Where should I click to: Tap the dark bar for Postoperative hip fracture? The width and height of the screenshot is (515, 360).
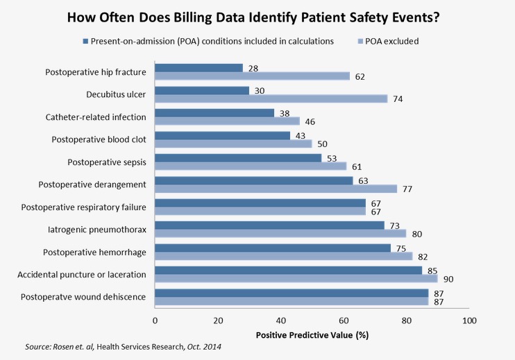click(199, 67)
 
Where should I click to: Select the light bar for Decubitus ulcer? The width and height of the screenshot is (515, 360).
click(271, 98)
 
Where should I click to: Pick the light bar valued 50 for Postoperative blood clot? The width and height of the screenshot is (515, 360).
click(233, 144)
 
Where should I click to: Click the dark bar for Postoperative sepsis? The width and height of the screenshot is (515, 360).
click(237, 157)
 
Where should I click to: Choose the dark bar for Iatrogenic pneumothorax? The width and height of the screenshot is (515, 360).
click(269, 225)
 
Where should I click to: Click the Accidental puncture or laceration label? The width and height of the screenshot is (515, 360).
click(82, 275)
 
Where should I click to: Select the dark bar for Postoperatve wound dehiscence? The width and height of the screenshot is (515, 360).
click(291, 293)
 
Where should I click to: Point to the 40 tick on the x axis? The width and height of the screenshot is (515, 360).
click(280, 320)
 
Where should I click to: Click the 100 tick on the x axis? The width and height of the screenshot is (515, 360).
click(469, 320)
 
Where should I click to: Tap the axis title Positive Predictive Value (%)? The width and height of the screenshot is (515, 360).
click(311, 336)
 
